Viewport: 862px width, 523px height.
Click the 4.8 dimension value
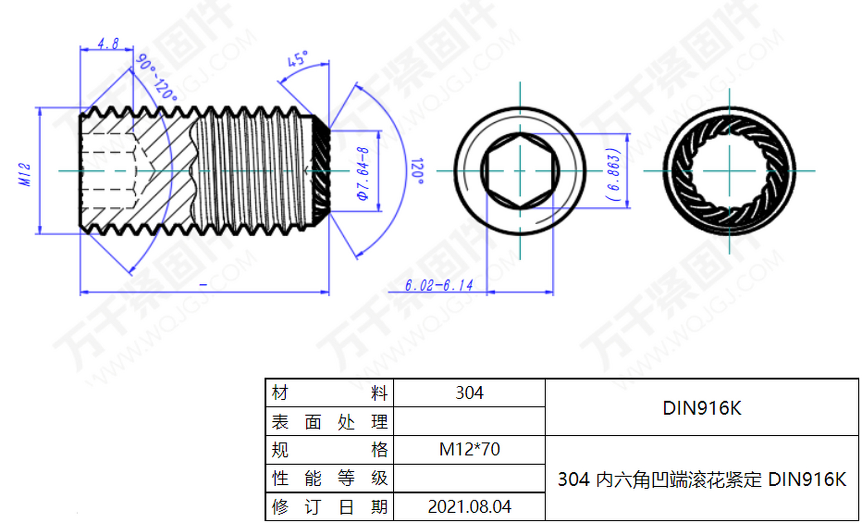(x=108, y=43)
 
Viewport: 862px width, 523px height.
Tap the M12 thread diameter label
(x=25, y=174)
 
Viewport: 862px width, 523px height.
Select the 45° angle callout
(x=297, y=59)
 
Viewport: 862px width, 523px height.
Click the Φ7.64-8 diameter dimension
(x=363, y=174)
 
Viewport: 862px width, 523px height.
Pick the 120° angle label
(x=417, y=171)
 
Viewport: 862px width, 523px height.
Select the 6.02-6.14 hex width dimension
(x=439, y=285)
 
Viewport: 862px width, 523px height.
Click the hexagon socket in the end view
(x=519, y=171)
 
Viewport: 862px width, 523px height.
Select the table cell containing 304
(x=469, y=393)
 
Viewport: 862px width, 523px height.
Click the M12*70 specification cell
(x=469, y=449)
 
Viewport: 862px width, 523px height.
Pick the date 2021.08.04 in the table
(x=469, y=507)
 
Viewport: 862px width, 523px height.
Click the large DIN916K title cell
(x=701, y=408)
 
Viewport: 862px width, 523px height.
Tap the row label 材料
(x=329, y=393)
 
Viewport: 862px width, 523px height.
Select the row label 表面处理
(x=329, y=422)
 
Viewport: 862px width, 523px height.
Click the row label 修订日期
(x=329, y=507)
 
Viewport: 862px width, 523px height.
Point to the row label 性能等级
(x=329, y=478)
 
